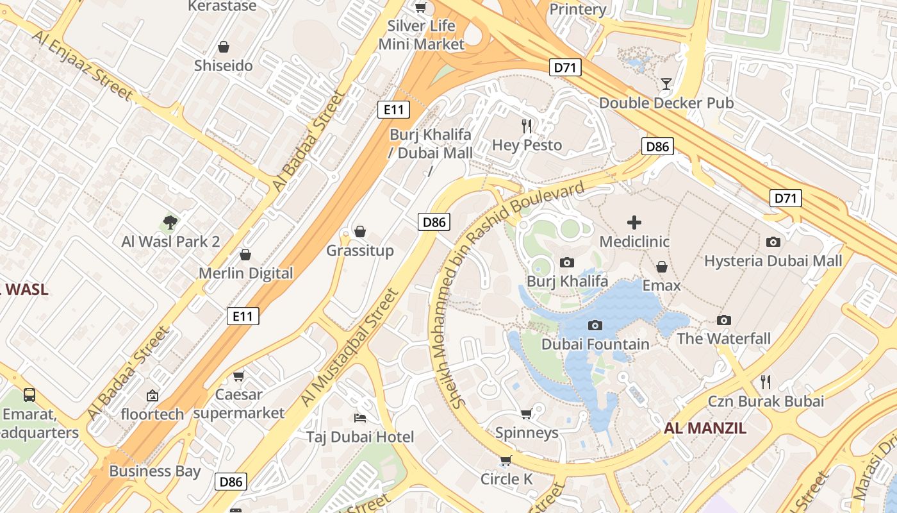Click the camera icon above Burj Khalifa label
(566, 262)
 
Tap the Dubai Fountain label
(595, 344)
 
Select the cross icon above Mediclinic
(634, 223)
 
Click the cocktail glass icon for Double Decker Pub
(666, 83)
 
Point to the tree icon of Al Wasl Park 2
(170, 223)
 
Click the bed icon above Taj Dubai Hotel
(360, 418)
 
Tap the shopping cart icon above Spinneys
(527, 414)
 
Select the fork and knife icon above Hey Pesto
(527, 126)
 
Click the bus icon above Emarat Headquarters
(29, 394)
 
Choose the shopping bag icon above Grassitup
(360, 231)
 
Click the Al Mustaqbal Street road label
(350, 348)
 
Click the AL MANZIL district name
(705, 428)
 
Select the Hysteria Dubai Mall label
(773, 261)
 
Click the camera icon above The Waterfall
(724, 320)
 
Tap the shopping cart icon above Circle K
(506, 460)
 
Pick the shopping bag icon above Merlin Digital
(245, 255)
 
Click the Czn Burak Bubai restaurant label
(766, 401)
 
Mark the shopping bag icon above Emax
(662, 266)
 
